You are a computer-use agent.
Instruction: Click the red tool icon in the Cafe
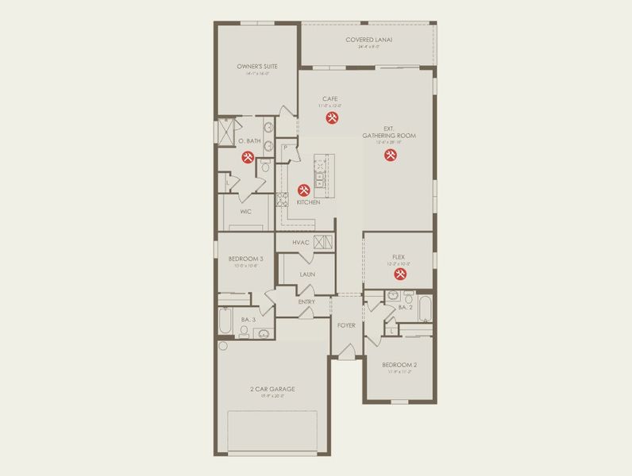(331, 118)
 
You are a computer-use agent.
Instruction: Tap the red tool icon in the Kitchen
(303, 190)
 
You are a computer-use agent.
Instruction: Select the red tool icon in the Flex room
(400, 274)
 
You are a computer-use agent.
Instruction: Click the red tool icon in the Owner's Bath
(247, 156)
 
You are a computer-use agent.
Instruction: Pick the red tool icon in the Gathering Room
(390, 155)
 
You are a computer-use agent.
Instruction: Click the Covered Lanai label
(369, 40)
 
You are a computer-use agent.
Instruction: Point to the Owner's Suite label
(254, 67)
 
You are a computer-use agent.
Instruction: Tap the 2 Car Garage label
(272, 389)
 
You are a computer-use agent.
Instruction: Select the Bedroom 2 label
(399, 365)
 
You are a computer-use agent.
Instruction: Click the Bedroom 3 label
(245, 259)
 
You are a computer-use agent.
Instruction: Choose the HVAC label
(300, 243)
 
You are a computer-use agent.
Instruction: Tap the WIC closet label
(245, 212)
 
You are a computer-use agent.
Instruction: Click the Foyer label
(346, 325)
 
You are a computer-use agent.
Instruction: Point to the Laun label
(307, 274)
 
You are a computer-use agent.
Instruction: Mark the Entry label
(306, 301)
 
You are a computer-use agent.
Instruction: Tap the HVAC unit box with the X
(322, 242)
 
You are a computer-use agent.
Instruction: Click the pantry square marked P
(283, 148)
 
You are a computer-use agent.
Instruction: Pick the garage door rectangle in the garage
(272, 432)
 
